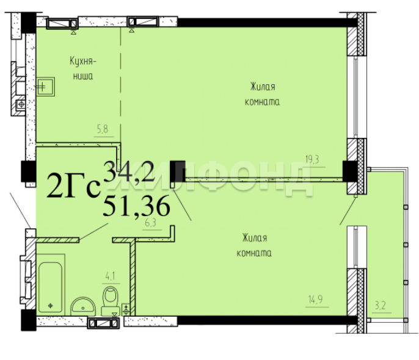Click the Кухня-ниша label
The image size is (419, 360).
click(x=83, y=68)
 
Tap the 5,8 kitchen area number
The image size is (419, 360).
click(x=103, y=129)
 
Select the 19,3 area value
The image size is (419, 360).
click(x=312, y=160)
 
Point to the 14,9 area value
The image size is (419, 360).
click(x=316, y=300)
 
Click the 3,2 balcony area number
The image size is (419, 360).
click(x=381, y=305)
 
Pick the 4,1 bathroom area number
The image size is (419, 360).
click(x=110, y=276)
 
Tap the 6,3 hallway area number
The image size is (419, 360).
click(x=150, y=223)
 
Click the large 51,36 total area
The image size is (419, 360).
click(x=136, y=206)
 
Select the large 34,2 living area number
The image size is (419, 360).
click(x=129, y=171)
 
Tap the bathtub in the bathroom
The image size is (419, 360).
click(x=51, y=287)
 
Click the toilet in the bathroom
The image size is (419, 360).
click(x=111, y=301)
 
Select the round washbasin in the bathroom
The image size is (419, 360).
click(x=83, y=306)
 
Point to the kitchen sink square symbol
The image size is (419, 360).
click(x=45, y=87)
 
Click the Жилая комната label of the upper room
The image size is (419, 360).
click(x=263, y=95)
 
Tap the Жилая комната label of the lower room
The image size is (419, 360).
click(x=254, y=245)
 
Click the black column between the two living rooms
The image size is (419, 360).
click(x=178, y=171)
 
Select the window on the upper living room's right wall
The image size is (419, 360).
click(x=355, y=97)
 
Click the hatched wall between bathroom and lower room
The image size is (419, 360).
click(x=133, y=278)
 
